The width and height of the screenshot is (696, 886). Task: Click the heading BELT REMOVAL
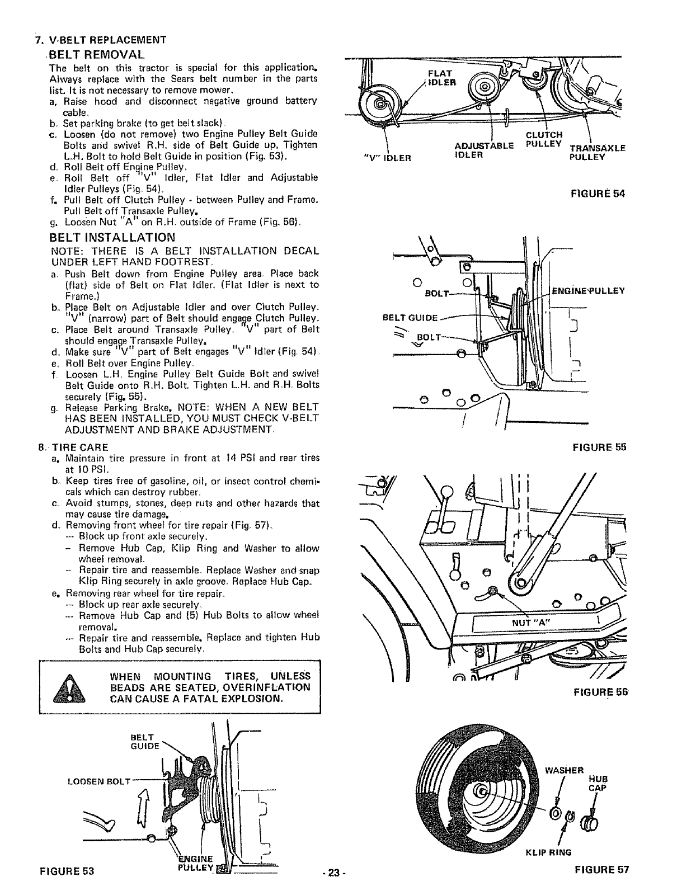tap(97, 54)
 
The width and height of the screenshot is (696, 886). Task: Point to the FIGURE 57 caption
tap(601, 870)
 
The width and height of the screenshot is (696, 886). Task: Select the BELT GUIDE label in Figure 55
tap(410, 318)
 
